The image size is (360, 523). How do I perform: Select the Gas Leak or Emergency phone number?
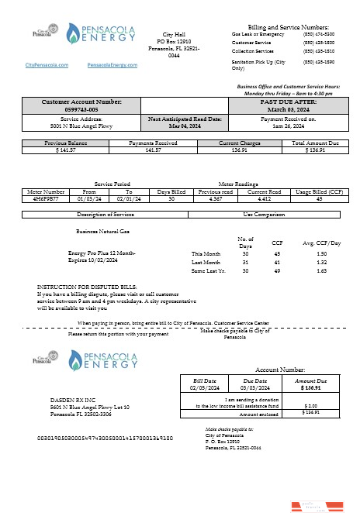click(313, 35)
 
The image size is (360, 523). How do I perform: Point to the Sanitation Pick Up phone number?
click(313, 60)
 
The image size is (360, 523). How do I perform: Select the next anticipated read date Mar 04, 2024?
click(185, 126)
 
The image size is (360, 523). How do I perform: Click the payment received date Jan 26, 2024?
click(289, 126)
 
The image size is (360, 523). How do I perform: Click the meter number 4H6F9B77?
click(46, 198)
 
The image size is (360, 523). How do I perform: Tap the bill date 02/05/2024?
click(206, 388)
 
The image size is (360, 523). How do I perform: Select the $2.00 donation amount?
click(310, 404)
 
